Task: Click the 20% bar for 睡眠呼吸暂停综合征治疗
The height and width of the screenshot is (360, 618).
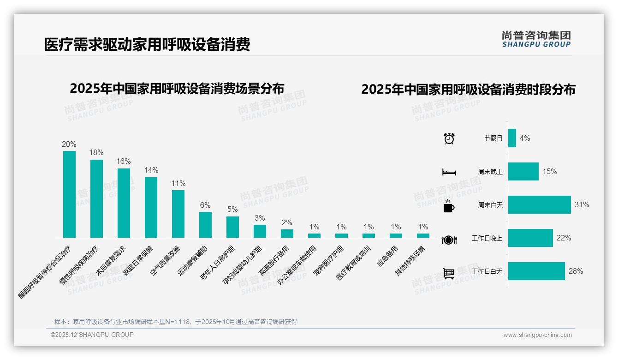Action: (x=69, y=194)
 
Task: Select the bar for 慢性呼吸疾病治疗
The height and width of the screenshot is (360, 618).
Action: (x=96, y=198)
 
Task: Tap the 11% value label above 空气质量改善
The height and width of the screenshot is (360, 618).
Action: (x=178, y=183)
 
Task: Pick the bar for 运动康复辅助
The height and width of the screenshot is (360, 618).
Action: (x=205, y=225)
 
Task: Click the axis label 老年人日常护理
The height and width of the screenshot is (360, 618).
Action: (x=217, y=263)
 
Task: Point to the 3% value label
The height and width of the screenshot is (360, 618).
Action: (x=260, y=218)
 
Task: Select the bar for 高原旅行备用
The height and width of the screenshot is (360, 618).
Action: (x=287, y=234)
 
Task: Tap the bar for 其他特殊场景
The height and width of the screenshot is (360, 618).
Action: (x=423, y=235)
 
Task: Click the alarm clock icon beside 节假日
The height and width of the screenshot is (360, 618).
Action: (x=449, y=138)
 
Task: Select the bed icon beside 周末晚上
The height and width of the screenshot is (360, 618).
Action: (x=449, y=172)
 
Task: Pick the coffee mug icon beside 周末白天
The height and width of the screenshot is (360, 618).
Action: (x=449, y=205)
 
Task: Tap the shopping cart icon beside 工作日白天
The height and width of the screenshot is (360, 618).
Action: (x=449, y=273)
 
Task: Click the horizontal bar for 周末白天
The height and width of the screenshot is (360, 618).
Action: (x=539, y=205)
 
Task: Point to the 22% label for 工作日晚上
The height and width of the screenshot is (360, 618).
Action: (x=564, y=238)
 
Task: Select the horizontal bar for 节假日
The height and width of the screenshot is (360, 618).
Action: (x=512, y=138)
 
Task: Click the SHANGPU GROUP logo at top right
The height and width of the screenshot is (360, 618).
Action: (x=536, y=39)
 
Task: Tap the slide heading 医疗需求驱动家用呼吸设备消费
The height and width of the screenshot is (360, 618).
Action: (x=147, y=45)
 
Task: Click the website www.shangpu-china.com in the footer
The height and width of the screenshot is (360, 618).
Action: (x=537, y=335)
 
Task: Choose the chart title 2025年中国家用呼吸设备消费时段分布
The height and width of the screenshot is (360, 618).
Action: (x=468, y=90)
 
